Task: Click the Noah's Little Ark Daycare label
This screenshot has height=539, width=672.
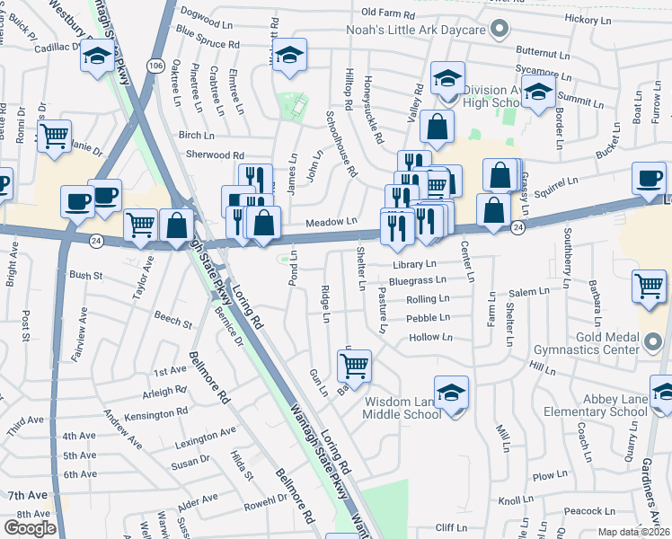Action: click(x=416, y=30)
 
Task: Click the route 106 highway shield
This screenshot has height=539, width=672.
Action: click(x=155, y=66)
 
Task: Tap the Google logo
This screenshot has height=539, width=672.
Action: click(x=31, y=527)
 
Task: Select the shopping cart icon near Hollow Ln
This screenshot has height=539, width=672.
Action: click(x=354, y=365)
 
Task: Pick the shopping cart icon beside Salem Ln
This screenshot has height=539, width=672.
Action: click(x=649, y=287)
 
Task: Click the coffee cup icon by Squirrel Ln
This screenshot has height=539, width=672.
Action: click(x=649, y=178)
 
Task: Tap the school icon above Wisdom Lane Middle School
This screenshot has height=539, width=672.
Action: click(x=451, y=392)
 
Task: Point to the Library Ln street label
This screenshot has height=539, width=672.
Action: click(x=413, y=264)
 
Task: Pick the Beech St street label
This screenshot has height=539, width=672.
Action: click(x=172, y=321)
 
